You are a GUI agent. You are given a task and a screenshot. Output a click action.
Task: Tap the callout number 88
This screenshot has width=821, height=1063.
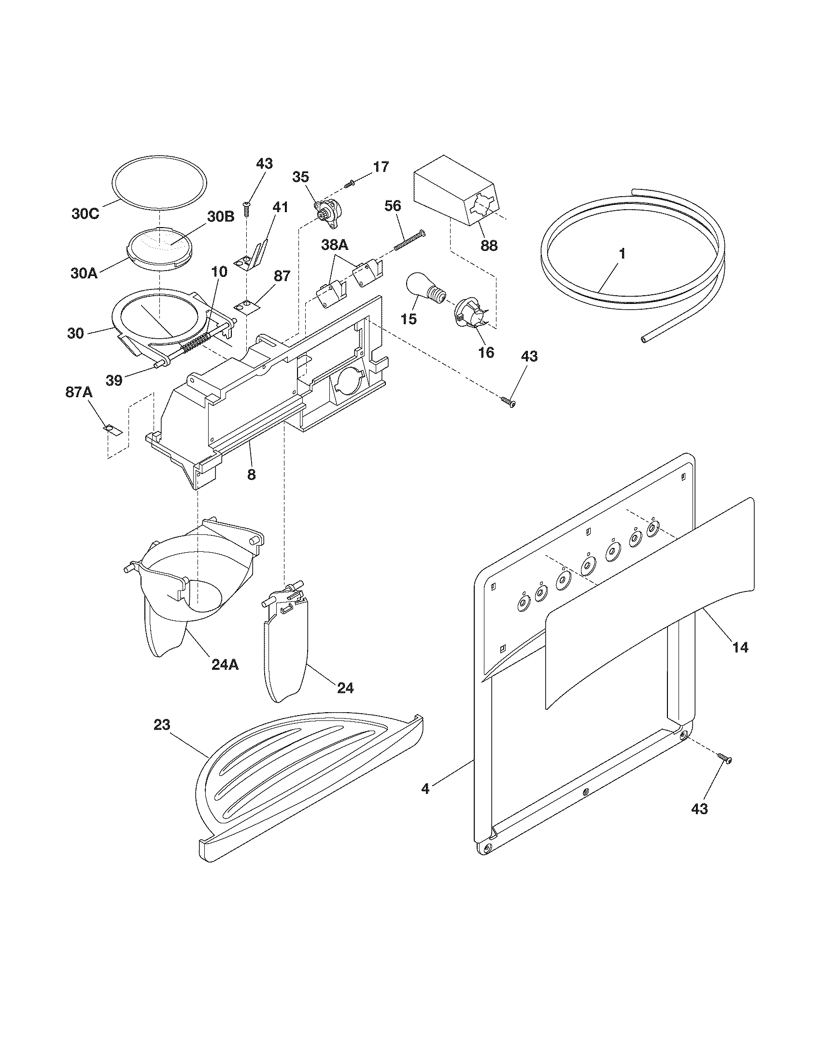(489, 246)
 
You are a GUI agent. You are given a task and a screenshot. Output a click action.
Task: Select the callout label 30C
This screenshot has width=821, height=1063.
(85, 213)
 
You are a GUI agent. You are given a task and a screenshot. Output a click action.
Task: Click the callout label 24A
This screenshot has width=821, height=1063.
(225, 664)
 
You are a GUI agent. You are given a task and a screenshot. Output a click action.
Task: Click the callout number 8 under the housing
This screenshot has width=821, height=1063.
(251, 474)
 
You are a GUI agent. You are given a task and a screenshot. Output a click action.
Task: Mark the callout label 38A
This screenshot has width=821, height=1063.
(335, 246)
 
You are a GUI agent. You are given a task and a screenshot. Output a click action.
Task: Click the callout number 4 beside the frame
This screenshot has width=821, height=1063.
(425, 789)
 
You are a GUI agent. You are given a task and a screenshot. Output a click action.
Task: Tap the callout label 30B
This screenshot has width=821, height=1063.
(221, 217)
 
